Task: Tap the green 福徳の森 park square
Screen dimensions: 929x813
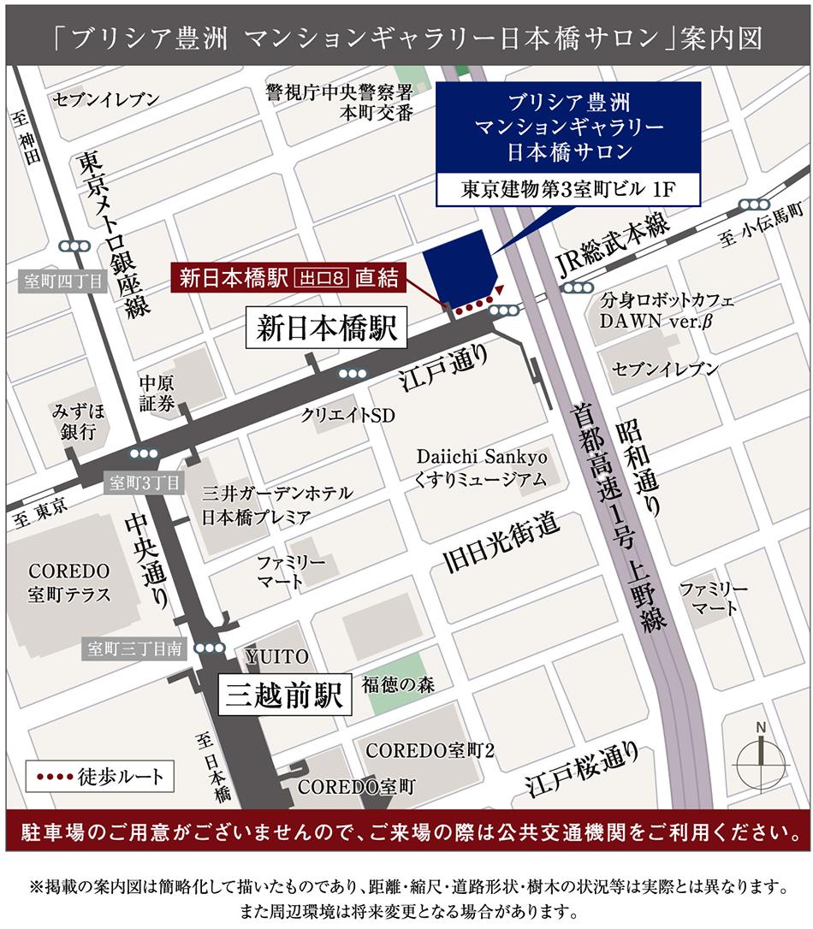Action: pos(398,683)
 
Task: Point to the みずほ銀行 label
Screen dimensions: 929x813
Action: pos(78,421)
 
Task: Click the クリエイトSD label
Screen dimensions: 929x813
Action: pos(347,415)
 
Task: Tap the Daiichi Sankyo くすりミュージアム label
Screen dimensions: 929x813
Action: pos(482,467)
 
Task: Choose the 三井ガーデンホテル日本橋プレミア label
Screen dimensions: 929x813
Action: pos(267,505)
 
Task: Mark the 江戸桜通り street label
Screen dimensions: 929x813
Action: pos(583,770)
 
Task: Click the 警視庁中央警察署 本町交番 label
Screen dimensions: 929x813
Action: pos(339,101)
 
